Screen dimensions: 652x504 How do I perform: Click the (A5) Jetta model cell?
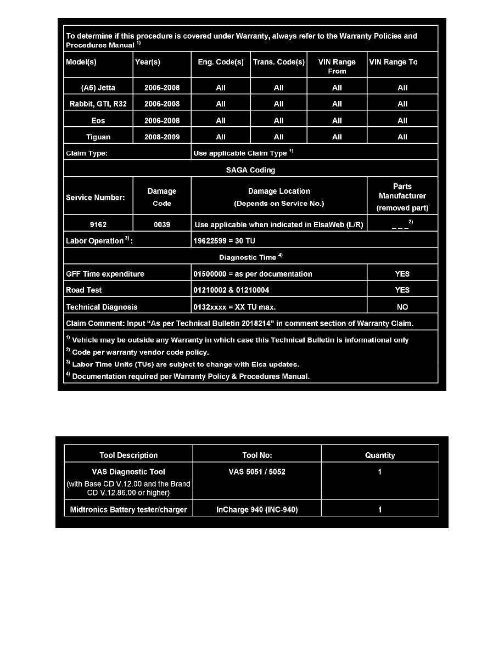click(98, 87)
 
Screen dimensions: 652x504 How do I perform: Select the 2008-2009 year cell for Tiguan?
click(162, 137)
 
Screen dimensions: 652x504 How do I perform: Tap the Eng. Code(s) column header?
click(221, 62)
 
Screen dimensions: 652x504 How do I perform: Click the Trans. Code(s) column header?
click(278, 62)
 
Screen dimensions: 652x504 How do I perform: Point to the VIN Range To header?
click(402, 62)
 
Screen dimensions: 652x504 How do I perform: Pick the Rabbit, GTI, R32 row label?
click(98, 104)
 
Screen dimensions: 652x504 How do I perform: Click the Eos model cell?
click(98, 120)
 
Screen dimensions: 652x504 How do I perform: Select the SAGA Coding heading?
click(250, 170)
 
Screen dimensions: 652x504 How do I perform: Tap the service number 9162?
click(98, 224)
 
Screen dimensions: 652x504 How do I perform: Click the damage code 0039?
click(162, 224)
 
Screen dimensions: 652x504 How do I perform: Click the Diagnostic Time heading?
click(250, 257)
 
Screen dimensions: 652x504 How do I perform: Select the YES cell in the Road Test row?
click(402, 290)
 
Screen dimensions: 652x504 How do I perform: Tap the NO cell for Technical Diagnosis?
click(402, 307)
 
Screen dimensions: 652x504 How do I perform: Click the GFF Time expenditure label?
click(105, 273)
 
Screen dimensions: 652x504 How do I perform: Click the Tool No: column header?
click(257, 455)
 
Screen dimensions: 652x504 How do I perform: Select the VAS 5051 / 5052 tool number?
click(257, 471)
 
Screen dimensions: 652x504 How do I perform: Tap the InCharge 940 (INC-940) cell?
click(257, 509)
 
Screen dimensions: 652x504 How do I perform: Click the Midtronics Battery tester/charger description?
click(128, 509)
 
